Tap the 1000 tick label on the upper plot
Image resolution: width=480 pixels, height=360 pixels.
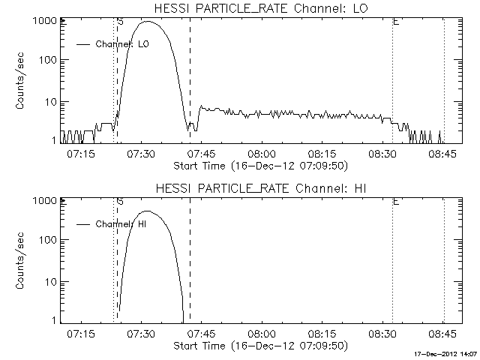(x=41, y=21)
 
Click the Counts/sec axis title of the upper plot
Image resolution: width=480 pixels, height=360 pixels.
(x=21, y=81)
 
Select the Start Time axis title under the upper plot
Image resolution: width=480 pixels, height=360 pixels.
(x=259, y=165)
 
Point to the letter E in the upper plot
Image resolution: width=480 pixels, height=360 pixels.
(x=395, y=22)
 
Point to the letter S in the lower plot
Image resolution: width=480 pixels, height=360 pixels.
(x=121, y=202)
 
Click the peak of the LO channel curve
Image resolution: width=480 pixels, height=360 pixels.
(x=148, y=22)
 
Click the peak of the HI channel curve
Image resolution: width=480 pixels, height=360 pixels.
(x=148, y=211)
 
